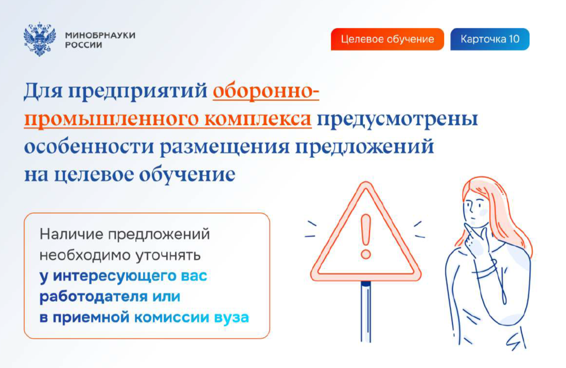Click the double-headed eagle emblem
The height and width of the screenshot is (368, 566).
tap(40, 39)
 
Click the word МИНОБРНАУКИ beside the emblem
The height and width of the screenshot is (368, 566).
tap(100, 35)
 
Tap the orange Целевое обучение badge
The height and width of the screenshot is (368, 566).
tap(387, 39)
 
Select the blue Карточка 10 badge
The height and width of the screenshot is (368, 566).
tap(490, 39)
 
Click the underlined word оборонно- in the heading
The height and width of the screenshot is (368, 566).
tap(266, 91)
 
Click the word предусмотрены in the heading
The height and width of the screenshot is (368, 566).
tap(397, 119)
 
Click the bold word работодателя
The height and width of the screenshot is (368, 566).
tap(94, 297)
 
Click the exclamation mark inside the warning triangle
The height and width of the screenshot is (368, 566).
tap(366, 236)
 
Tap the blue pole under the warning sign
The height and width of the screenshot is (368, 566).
tap(366, 311)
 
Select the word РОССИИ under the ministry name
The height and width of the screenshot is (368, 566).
tap(83, 45)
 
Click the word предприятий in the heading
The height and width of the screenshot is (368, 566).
tap(138, 91)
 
